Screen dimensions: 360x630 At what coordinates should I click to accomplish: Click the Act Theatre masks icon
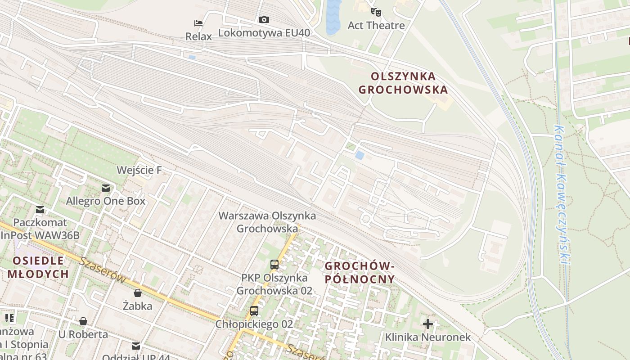point(376,12)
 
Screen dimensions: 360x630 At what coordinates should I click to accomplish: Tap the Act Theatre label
point(376,25)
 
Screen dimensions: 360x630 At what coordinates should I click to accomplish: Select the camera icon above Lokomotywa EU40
point(264,19)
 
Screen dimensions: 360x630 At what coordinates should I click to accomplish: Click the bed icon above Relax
point(198,23)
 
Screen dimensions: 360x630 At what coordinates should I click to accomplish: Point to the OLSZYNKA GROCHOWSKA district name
point(403,83)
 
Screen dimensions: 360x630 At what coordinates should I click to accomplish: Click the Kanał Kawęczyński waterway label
point(561,193)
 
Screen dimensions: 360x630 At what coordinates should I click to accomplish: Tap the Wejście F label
point(139,170)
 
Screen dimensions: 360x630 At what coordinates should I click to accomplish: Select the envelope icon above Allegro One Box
point(106,188)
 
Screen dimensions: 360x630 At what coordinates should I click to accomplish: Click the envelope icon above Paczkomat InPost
point(40,209)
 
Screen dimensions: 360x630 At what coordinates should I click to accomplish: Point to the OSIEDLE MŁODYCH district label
point(38,267)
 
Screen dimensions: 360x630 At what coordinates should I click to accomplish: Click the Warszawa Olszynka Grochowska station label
point(267,222)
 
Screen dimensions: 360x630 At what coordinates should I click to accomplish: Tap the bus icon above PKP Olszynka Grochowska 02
point(274,265)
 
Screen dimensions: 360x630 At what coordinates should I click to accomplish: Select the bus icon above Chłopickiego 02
point(254,311)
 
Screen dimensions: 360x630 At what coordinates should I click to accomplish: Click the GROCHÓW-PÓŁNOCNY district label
point(360,273)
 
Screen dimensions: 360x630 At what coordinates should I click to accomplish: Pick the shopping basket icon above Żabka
point(138,293)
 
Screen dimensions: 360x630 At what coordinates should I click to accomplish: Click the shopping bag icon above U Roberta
point(83,321)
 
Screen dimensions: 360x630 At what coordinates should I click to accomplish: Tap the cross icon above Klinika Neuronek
point(428,324)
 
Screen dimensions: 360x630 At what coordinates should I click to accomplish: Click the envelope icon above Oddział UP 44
point(136,346)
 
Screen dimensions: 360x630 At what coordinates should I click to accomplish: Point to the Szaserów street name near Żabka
point(103,270)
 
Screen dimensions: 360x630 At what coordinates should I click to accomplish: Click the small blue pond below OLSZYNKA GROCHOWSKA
point(360,155)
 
